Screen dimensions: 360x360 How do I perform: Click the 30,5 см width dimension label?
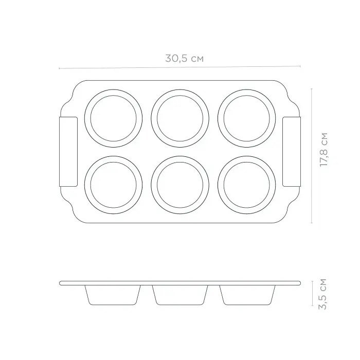(x=184, y=58)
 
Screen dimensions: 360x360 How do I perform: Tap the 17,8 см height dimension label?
(x=323, y=150)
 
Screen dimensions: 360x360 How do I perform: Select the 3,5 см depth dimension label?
(x=322, y=294)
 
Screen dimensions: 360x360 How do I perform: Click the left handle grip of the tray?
(x=68, y=152)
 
